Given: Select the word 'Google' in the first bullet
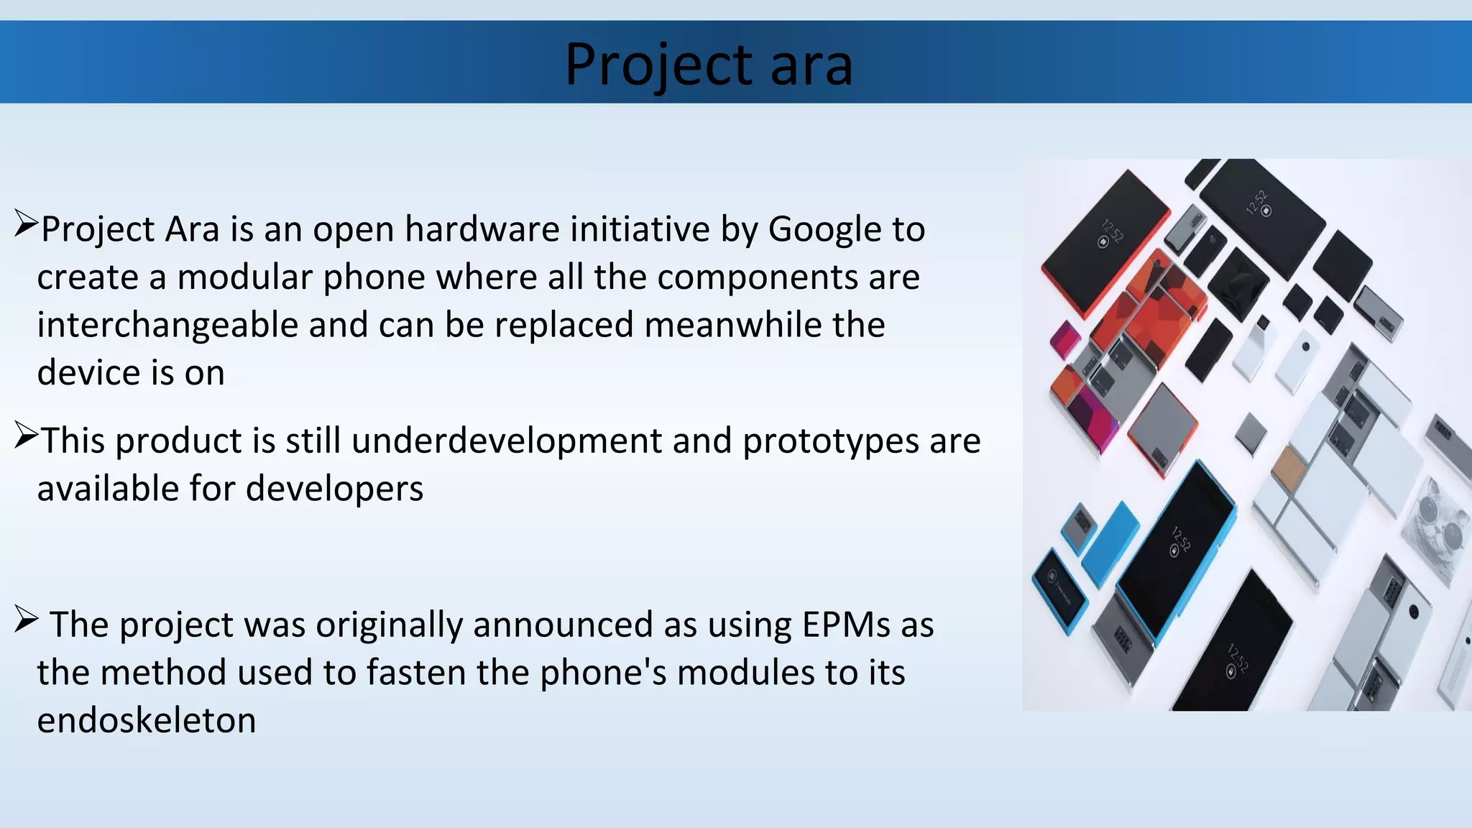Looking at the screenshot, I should (824, 229).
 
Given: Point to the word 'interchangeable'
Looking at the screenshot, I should (167, 325).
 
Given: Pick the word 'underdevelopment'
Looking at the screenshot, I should (507, 441).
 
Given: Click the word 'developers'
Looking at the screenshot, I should (334, 489).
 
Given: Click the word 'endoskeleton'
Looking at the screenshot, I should (147, 720).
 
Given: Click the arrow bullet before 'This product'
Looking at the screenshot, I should (26, 436).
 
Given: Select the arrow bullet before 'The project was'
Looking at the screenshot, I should (26, 620).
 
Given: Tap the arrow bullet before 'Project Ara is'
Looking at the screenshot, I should (26, 224).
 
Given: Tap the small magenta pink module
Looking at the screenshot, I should (1064, 339).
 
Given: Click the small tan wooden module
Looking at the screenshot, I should (1288, 465).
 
